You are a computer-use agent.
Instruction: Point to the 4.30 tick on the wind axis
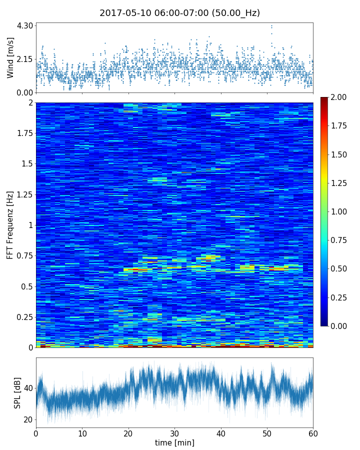coord(25,25)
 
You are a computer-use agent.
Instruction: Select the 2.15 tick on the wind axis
coord(25,59)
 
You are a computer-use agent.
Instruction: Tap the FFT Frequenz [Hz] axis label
coord(10,225)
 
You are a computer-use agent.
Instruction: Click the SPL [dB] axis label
coord(17,392)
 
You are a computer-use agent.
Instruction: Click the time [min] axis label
coord(174,442)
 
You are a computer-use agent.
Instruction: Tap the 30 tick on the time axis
coord(174,432)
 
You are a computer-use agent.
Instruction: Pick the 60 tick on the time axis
coord(313,432)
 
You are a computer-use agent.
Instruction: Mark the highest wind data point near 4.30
coord(271,25)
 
